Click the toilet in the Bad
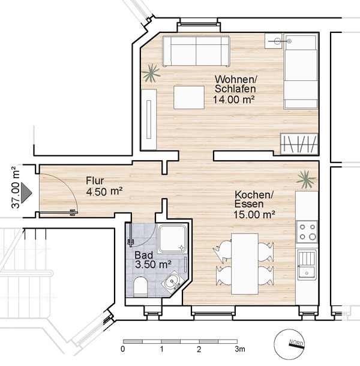(140, 287)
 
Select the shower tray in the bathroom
(173, 239)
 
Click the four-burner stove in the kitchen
(307, 232)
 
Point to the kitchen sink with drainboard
(307, 265)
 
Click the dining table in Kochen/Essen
(245, 264)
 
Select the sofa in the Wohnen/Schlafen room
(196, 51)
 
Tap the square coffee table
(189, 97)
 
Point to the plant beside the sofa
(151, 73)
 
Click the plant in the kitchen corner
(306, 179)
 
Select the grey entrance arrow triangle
(26, 193)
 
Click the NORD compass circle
(289, 346)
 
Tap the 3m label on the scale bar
(240, 349)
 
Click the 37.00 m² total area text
(16, 187)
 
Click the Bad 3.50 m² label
(153, 260)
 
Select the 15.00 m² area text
(254, 215)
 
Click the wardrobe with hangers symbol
(299, 144)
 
